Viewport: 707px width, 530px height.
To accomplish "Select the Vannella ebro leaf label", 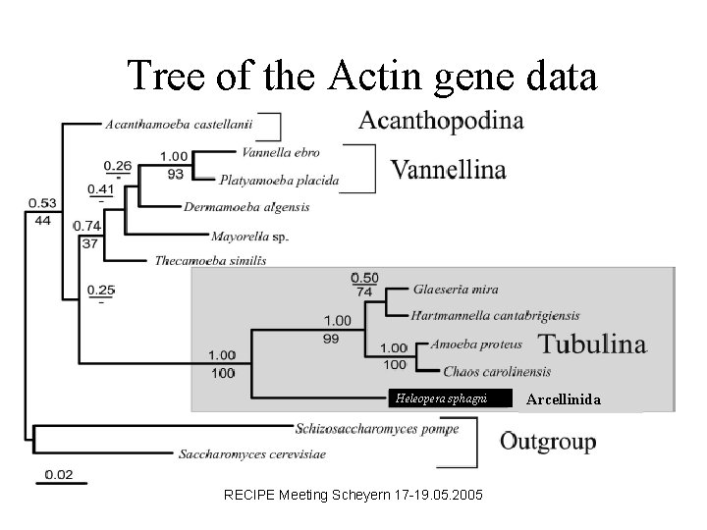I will tap(280, 152).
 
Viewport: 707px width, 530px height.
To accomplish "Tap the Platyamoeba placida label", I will tap(279, 180).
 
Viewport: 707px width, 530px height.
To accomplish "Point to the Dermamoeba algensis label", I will tap(246, 207).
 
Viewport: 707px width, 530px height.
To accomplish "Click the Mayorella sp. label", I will tap(249, 236).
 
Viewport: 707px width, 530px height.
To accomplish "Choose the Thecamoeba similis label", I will tap(210, 261).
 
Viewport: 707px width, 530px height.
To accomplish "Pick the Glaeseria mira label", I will tap(456, 290).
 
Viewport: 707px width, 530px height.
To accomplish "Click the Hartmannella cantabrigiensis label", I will tap(496, 315).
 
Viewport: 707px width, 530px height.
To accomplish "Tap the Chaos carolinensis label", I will tap(497, 372).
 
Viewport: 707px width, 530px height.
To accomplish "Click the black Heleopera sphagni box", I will tap(452, 397).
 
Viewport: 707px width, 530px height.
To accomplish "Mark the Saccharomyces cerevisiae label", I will tap(252, 454).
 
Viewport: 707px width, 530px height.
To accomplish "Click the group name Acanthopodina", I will tap(441, 122).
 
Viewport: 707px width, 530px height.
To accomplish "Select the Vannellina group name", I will tap(450, 170).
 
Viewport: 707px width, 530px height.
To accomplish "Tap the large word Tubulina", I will tap(593, 344).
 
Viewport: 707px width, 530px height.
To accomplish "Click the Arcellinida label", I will tap(571, 398).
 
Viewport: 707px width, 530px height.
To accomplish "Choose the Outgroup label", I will tap(548, 442).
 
